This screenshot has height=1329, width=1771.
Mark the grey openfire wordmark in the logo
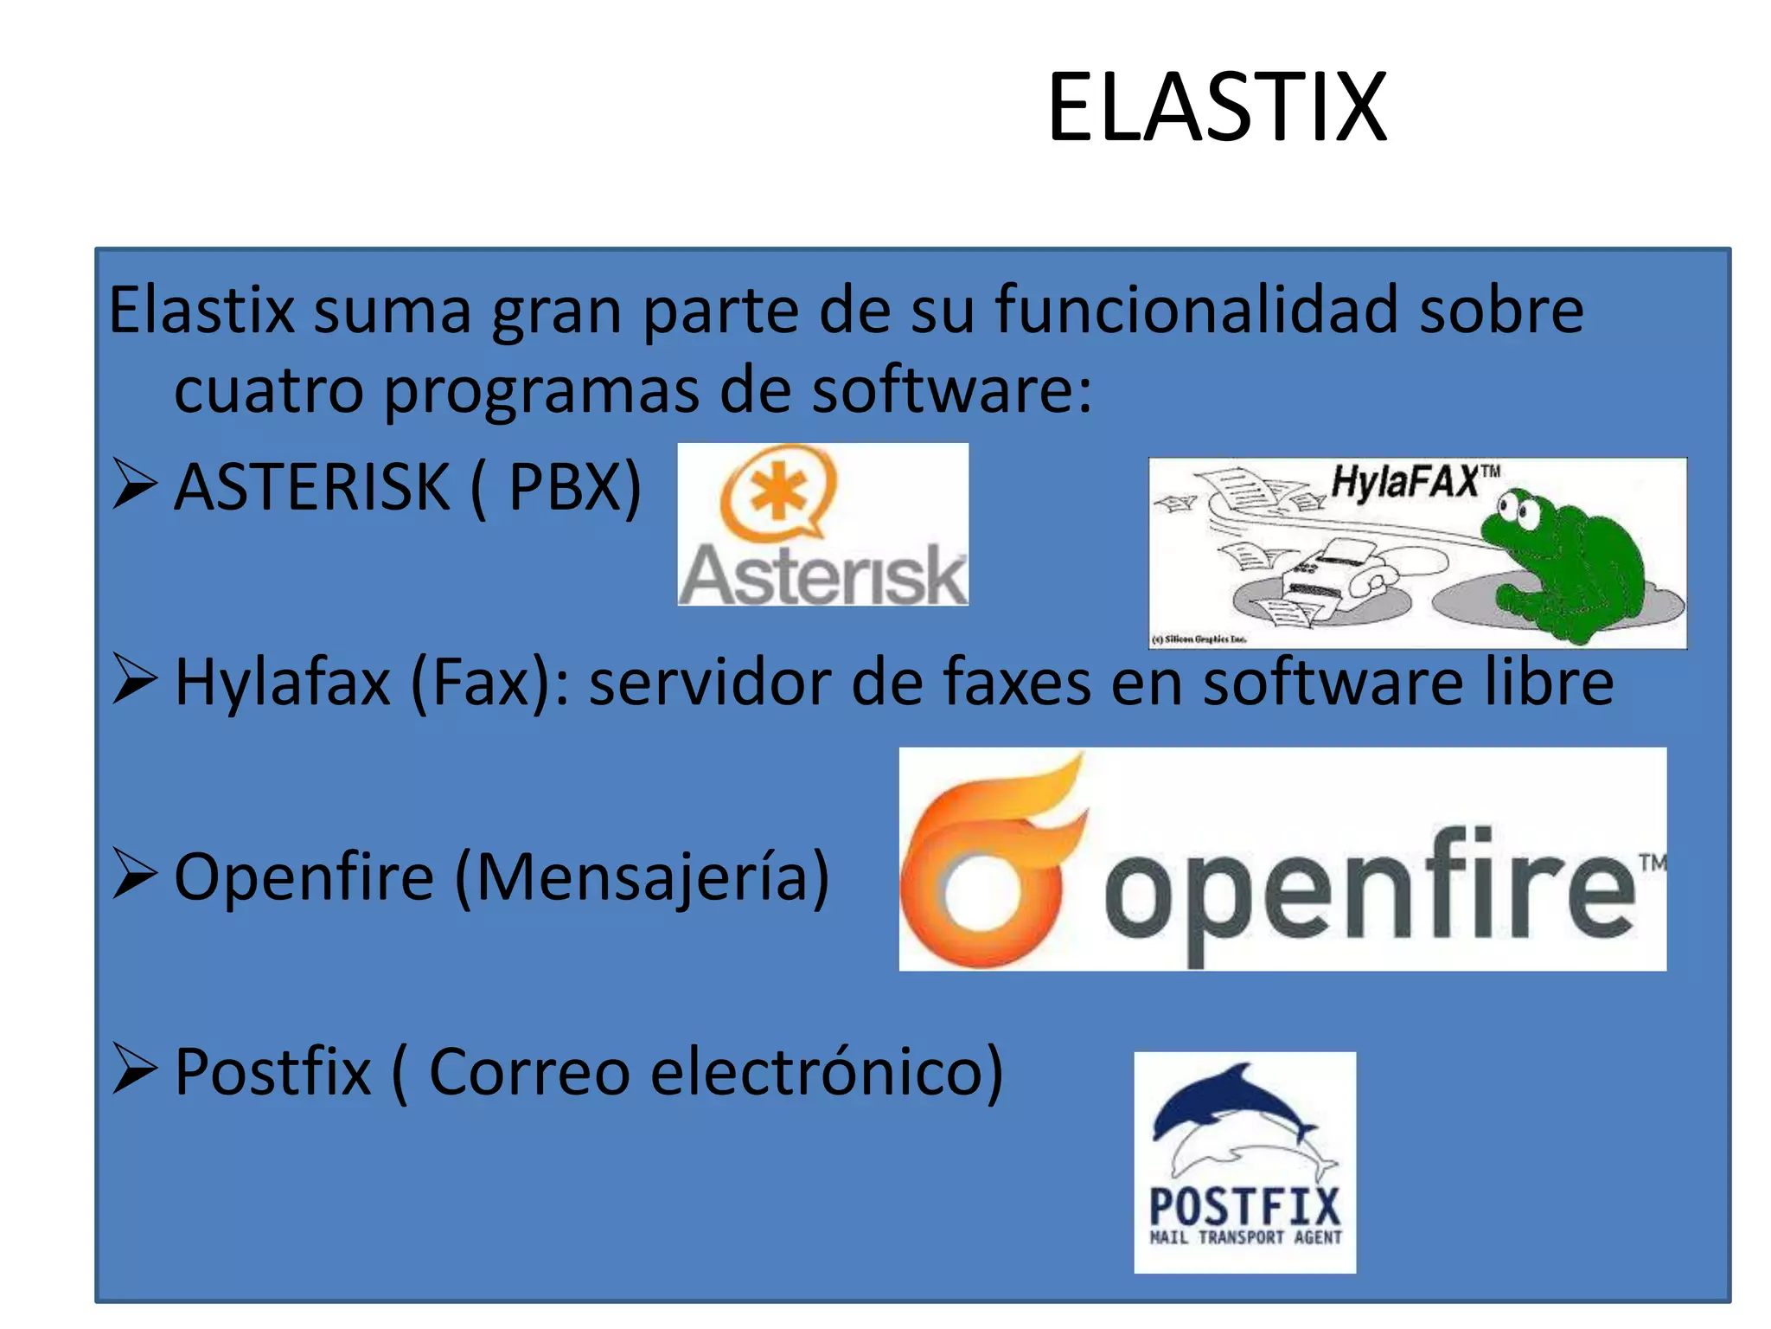pyautogui.click(x=1370, y=891)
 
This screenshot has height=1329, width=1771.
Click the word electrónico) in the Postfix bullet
pyautogui.click(x=827, y=1072)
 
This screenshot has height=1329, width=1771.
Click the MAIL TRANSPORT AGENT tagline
pyautogui.click(x=1245, y=1237)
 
